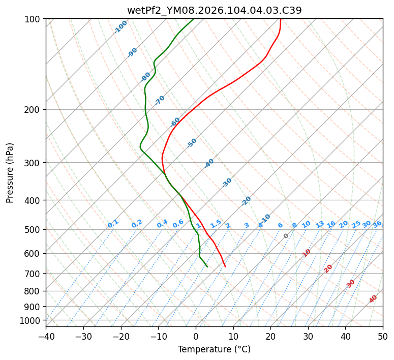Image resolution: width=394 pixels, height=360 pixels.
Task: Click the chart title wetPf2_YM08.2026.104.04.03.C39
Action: tap(214, 10)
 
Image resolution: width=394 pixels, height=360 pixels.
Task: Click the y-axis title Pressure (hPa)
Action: tap(10, 172)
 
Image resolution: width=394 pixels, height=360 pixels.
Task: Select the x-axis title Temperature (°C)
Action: tap(214, 349)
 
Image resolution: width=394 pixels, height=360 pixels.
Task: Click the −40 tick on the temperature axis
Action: tap(46, 336)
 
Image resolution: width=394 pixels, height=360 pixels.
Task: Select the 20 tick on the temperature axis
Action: tap(270, 336)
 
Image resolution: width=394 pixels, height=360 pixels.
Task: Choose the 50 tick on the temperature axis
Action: tap(383, 336)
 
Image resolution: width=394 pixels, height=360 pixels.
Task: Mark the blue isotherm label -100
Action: tap(120, 27)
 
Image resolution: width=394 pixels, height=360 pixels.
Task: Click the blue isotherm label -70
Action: tap(160, 100)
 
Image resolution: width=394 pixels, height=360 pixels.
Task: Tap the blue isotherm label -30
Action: tap(227, 183)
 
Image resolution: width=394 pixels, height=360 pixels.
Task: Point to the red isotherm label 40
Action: tap(373, 299)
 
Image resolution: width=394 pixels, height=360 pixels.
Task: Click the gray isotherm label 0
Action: tap(286, 236)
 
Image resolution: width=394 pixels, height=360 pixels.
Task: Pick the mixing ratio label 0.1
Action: tap(113, 224)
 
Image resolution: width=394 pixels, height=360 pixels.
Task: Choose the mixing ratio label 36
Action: tap(377, 224)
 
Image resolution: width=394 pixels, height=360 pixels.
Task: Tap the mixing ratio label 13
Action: tap(320, 224)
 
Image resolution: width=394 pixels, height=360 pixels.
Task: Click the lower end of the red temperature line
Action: tap(225, 266)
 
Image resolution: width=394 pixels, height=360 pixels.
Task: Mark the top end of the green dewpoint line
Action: tap(194, 19)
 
